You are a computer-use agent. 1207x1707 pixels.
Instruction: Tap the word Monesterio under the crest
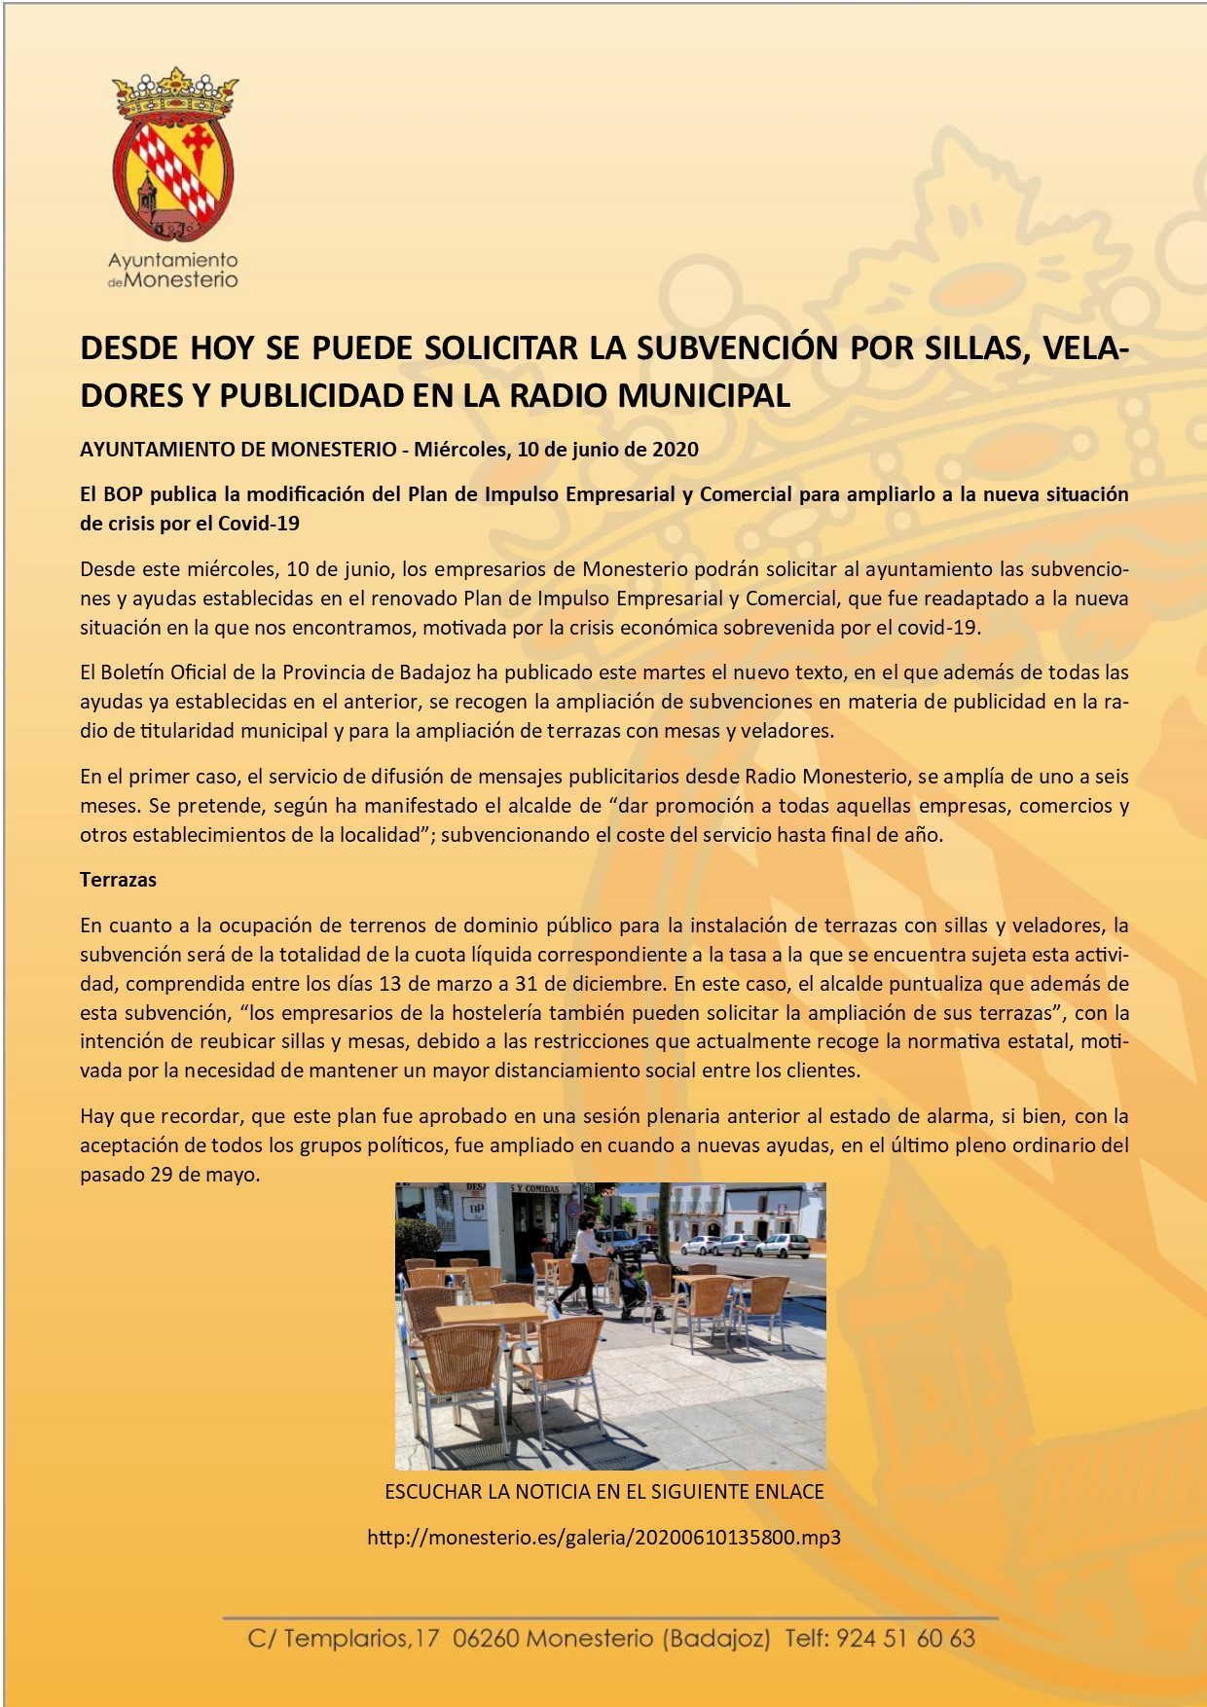[182, 280]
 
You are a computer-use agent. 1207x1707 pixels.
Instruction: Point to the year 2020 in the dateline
[676, 449]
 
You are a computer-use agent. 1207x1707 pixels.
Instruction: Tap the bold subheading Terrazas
[118, 880]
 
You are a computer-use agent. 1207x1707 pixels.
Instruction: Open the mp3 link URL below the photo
[603, 1538]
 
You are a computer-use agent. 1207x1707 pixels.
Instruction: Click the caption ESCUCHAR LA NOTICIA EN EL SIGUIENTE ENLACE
[603, 1492]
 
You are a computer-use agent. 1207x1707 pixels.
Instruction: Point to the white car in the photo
[784, 1246]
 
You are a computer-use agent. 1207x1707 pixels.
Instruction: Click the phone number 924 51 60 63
[905, 1638]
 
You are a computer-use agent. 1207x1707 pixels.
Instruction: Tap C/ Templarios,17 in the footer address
[344, 1638]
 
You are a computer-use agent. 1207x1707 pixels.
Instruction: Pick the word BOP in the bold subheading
[123, 493]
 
